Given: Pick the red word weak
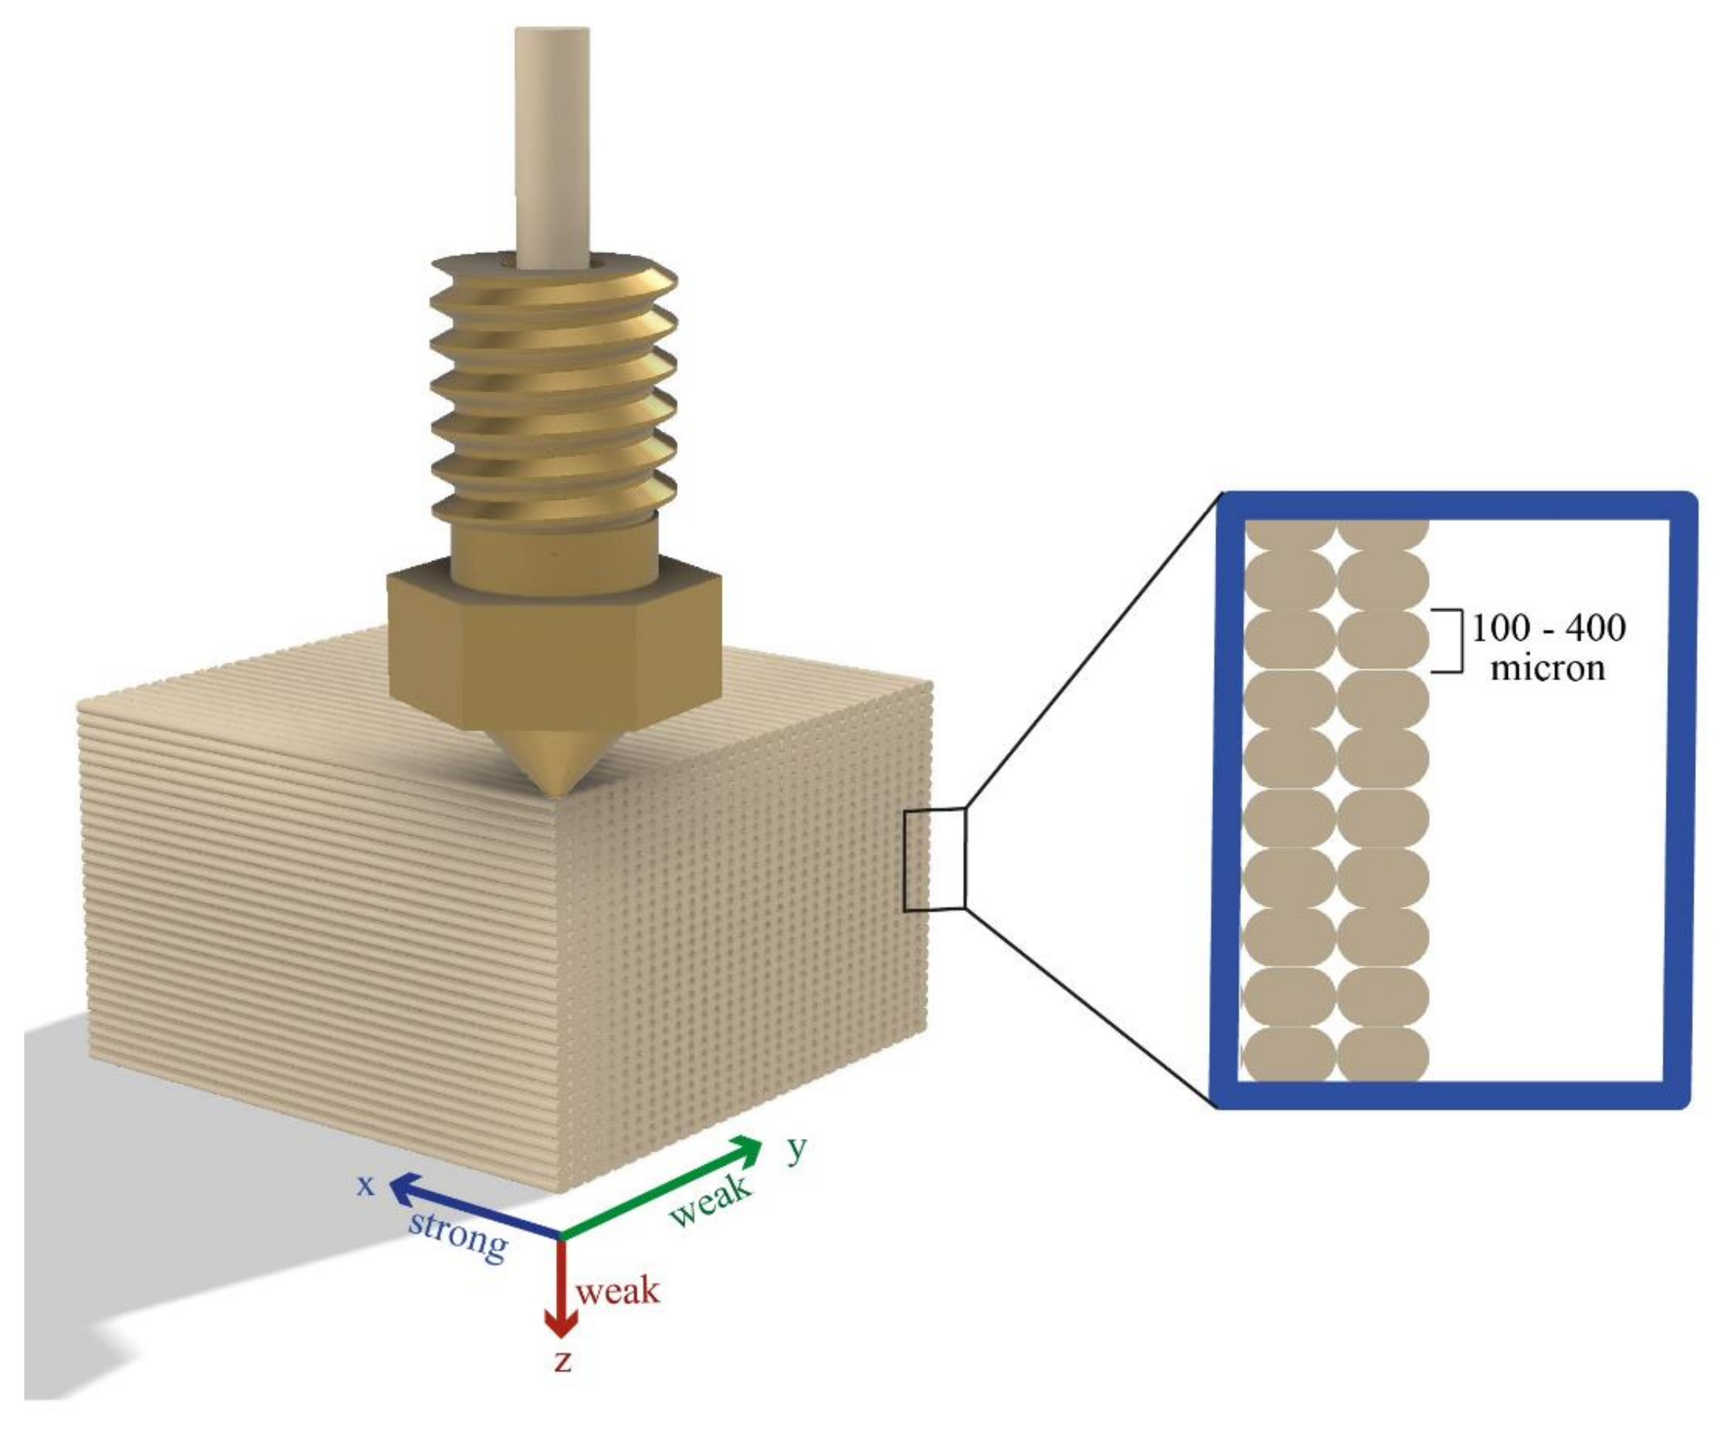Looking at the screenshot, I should (x=618, y=1290).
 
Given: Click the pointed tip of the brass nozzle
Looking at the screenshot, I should (x=553, y=795).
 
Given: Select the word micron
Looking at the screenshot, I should (x=1548, y=669).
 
